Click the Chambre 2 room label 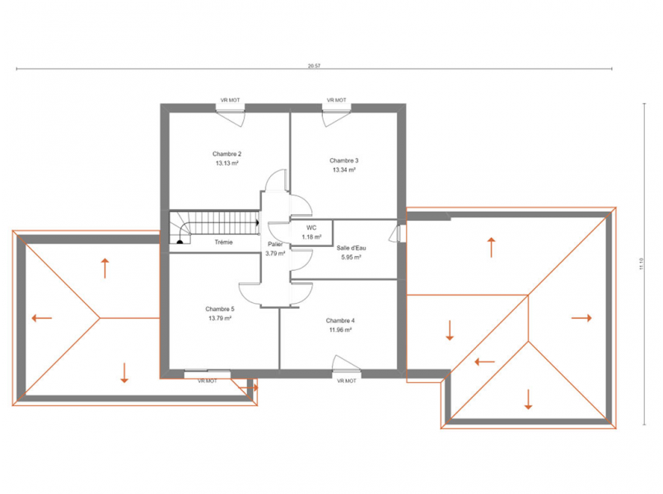click(x=227, y=154)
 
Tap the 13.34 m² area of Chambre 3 click(x=344, y=170)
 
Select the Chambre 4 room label click(x=340, y=321)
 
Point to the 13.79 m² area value click(x=220, y=318)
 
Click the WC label click(x=311, y=228)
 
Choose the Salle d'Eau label click(x=352, y=248)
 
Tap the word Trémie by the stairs click(x=224, y=242)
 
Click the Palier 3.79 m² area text click(x=275, y=254)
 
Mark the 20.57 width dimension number click(x=314, y=66)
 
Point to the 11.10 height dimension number click(x=642, y=264)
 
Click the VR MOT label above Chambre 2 click(x=230, y=100)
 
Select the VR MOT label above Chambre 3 click(x=337, y=100)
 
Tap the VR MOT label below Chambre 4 click(x=347, y=380)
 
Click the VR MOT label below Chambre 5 click(x=208, y=380)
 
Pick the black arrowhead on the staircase click(x=257, y=222)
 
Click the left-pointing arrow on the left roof click(x=42, y=318)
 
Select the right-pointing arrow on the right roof click(x=581, y=318)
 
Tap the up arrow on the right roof click(x=492, y=248)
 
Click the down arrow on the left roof click(x=124, y=373)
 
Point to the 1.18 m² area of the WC click(x=311, y=237)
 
